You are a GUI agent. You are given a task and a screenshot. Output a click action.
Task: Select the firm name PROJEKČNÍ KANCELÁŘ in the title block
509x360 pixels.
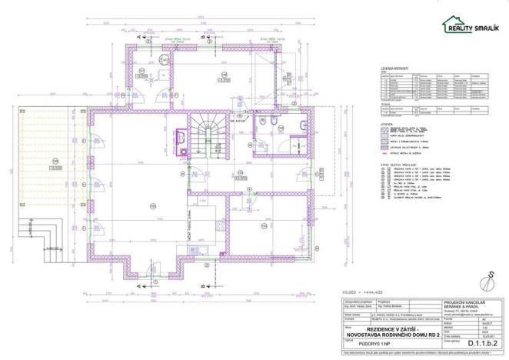[x=466, y=302]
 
